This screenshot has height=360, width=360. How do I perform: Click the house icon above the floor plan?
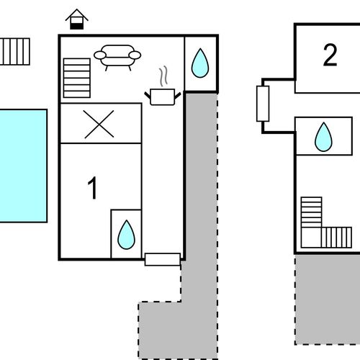pyautogui.click(x=77, y=19)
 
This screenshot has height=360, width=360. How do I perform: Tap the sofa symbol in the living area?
pyautogui.click(x=117, y=58)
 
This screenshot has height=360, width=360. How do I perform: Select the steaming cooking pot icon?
pyautogui.click(x=163, y=96)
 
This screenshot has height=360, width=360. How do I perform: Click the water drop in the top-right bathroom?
pyautogui.click(x=200, y=63)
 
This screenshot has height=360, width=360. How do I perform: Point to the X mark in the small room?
pyautogui.click(x=99, y=124)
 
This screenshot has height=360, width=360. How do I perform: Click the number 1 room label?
pyautogui.click(x=92, y=188)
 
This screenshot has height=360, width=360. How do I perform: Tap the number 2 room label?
pyautogui.click(x=330, y=55)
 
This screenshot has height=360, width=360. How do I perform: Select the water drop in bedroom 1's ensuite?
pyautogui.click(x=127, y=235)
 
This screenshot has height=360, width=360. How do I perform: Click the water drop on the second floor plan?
pyautogui.click(x=323, y=137)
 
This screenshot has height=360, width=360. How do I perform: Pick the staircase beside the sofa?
pyautogui.click(x=77, y=78)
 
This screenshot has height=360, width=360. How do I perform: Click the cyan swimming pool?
pyautogui.click(x=23, y=166)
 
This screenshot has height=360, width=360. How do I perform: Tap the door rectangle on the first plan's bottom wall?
pyautogui.click(x=163, y=259)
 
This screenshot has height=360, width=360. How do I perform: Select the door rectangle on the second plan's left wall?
pyautogui.click(x=263, y=104)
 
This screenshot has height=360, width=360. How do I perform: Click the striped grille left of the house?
pyautogui.click(x=15, y=52)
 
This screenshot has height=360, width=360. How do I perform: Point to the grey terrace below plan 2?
pyautogui.click(x=328, y=300)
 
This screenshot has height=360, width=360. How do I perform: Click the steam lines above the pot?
pyautogui.click(x=163, y=76)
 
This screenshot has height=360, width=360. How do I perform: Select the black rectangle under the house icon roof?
pyautogui.click(x=77, y=26)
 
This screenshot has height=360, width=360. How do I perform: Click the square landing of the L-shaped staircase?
pyautogui.click(x=311, y=238)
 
